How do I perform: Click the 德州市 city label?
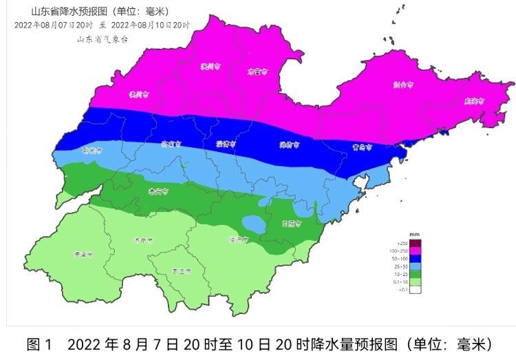click(140, 94)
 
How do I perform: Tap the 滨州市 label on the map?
click(210, 67)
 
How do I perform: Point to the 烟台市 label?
click(403, 85)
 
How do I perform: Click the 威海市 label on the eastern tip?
click(474, 100)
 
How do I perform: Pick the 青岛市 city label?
click(362, 147)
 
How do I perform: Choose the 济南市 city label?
click(170, 145)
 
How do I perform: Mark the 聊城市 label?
click(92, 149)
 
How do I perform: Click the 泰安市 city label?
click(158, 192)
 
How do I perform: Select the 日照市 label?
click(292, 223)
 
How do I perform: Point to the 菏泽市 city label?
click(83, 254)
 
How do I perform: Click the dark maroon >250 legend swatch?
click(415, 243)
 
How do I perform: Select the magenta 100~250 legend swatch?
click(415, 251)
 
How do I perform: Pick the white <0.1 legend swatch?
click(415, 290)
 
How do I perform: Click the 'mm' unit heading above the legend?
click(414, 235)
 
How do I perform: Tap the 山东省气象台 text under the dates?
click(103, 39)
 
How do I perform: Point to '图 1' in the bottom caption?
click(39, 344)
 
